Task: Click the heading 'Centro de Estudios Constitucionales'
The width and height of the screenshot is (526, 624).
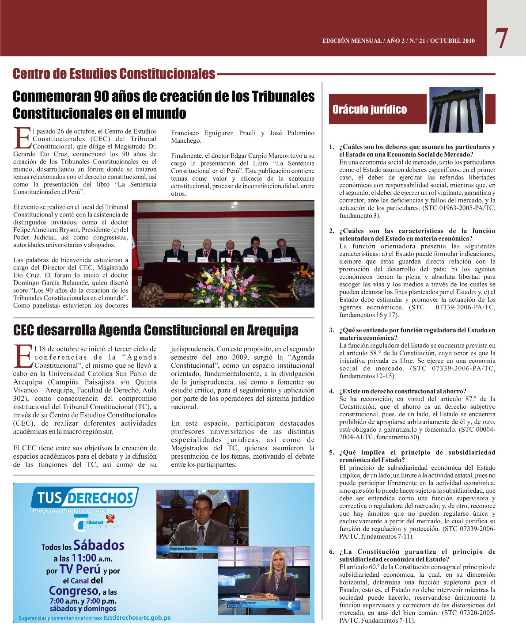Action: [x=114, y=73]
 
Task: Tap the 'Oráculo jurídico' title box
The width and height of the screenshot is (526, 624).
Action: [x=370, y=109]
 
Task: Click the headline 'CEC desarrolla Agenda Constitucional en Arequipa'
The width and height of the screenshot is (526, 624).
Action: [x=155, y=330]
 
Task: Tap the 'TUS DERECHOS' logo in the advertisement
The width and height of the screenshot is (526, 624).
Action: [x=84, y=498]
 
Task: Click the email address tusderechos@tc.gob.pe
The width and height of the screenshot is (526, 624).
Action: [x=137, y=618]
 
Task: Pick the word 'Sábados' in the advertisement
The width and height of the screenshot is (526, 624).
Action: [x=99, y=545]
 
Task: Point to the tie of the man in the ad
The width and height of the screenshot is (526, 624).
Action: [x=201, y=535]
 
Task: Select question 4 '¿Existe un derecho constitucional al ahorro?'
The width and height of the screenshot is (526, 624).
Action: [x=402, y=391]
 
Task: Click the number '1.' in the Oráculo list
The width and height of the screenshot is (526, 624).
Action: [x=332, y=147]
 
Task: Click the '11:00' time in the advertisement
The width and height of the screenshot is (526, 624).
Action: [x=83, y=558]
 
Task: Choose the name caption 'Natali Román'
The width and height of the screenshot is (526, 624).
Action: [x=242, y=603]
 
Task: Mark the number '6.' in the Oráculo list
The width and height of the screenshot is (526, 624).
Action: [x=332, y=552]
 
